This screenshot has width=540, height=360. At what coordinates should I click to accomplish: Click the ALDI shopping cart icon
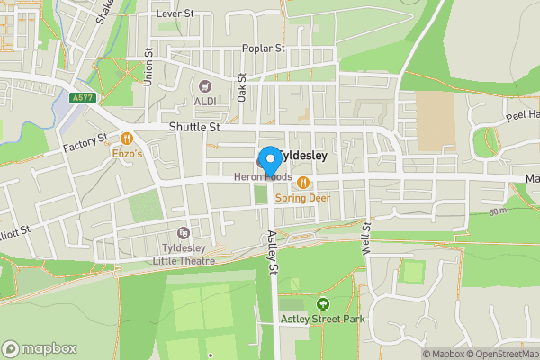[204, 86]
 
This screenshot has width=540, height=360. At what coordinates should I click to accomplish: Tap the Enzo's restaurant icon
[127, 139]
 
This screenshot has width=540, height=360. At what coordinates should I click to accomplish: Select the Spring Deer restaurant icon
[303, 183]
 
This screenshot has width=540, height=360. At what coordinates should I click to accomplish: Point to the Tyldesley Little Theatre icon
[184, 233]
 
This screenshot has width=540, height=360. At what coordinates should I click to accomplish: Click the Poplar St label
[263, 49]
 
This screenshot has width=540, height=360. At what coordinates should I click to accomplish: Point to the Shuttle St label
[194, 128]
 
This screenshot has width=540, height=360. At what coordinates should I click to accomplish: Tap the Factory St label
[85, 143]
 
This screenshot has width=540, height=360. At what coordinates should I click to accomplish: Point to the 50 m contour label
[499, 211]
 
